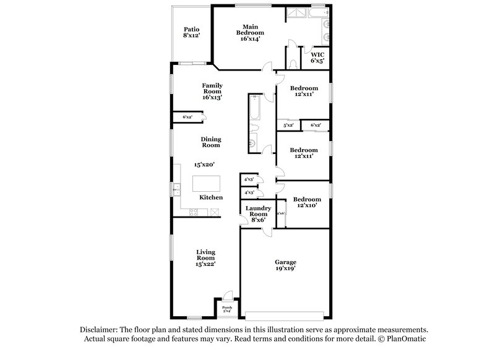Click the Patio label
[191, 33]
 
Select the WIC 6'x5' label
[317, 58]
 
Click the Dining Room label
[210, 142]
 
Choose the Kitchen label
[211, 197]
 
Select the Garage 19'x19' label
[285, 265]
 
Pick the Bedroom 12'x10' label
[307, 202]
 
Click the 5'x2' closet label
[288, 126]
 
